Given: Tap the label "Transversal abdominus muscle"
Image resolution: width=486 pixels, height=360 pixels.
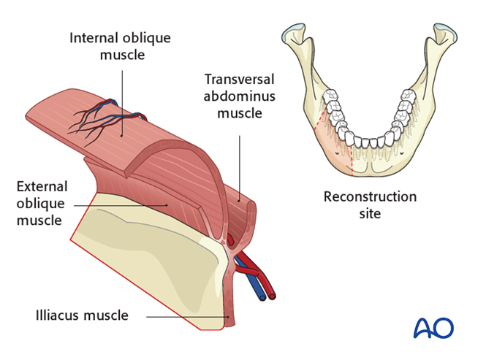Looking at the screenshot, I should click(238, 96).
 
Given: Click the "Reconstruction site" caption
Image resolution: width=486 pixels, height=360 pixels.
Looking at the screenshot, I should click(370, 205).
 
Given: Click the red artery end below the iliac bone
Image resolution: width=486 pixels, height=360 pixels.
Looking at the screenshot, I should click(272, 296).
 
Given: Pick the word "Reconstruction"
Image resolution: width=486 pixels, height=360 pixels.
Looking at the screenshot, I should click(370, 197).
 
